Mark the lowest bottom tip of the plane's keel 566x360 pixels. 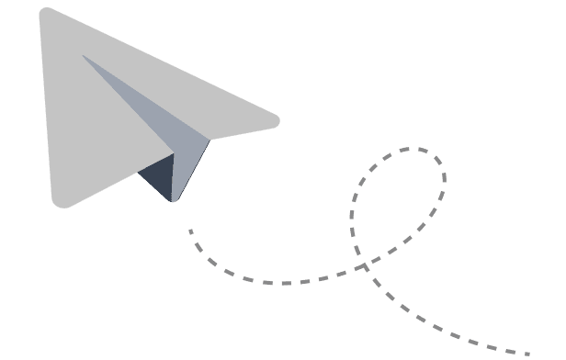pyautogui.click(x=172, y=201)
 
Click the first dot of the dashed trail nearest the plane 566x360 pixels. pyautogui.click(x=190, y=231)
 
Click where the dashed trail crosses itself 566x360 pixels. pyautogui.click(x=367, y=267)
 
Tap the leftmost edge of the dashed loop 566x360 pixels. pyautogui.click(x=352, y=220)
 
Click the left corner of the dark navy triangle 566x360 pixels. pyautogui.click(x=138, y=172)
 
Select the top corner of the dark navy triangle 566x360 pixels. pyautogui.click(x=173, y=153)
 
